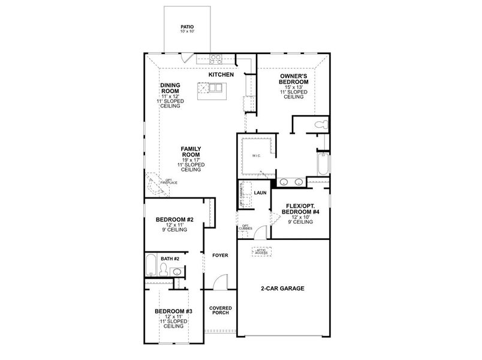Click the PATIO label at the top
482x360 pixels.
point(187,27)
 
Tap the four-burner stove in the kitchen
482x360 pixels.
point(216,59)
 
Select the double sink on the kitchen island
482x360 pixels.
point(212,88)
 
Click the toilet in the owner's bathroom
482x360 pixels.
point(321,125)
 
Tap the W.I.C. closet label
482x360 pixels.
point(257,158)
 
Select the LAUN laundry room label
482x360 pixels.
point(260,193)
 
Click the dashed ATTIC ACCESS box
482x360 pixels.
point(261,253)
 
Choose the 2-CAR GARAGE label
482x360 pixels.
point(284,289)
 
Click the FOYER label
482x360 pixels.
point(220,256)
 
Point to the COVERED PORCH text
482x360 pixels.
point(220,311)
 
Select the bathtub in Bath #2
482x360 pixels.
point(152,265)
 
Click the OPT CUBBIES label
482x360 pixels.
point(246,227)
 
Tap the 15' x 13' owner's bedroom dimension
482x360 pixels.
point(293,87)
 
